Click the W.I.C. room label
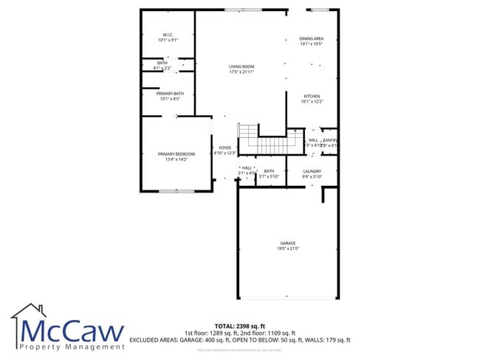168,35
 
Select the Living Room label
241,66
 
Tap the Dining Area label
311,38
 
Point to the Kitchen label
312,97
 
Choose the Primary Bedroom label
176,153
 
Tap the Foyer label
224,148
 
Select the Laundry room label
312,171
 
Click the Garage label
287,243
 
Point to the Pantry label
330,140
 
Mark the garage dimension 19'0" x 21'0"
287,249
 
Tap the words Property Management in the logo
72,346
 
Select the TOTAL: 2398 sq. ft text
239,325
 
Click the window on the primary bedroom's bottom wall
176,191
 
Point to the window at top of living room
242,10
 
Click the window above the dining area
320,10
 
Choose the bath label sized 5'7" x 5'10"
269,174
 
